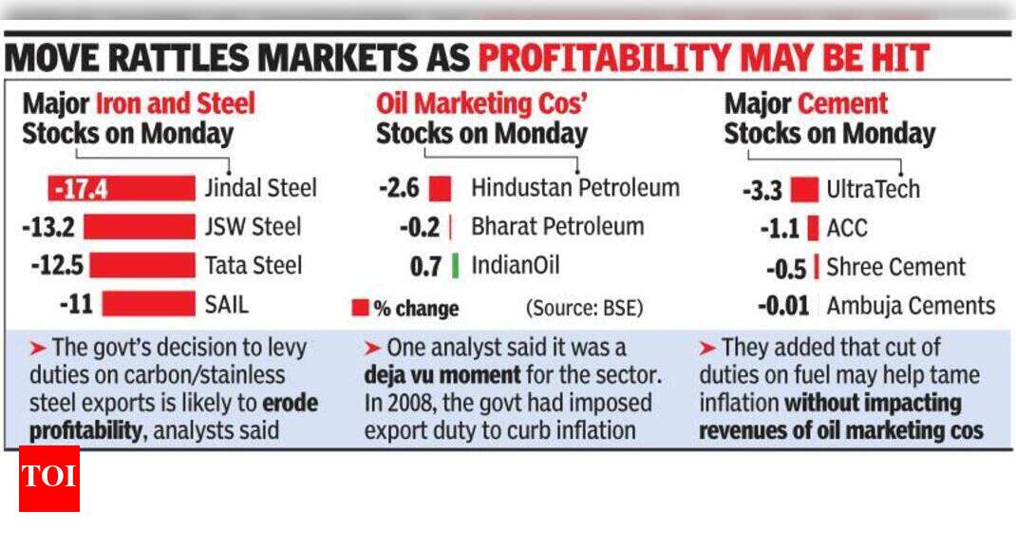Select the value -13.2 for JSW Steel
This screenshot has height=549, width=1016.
pyautogui.click(x=52, y=227)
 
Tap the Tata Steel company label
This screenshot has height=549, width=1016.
pyautogui.click(x=253, y=265)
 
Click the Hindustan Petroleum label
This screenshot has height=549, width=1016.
pyautogui.click(x=575, y=188)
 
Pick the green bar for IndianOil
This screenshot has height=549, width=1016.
pyautogui.click(x=455, y=265)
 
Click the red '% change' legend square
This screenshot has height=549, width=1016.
pyautogui.click(x=360, y=308)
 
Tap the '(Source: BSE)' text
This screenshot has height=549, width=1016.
pyautogui.click(x=584, y=308)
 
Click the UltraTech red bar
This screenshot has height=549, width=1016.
pyautogui.click(x=803, y=189)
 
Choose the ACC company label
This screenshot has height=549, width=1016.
pyautogui.click(x=847, y=228)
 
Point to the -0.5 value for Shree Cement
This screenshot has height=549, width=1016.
pyautogui.click(x=786, y=268)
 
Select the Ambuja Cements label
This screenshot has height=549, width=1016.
pyautogui.click(x=910, y=306)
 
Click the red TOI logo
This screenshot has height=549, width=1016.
pyautogui.click(x=49, y=478)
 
